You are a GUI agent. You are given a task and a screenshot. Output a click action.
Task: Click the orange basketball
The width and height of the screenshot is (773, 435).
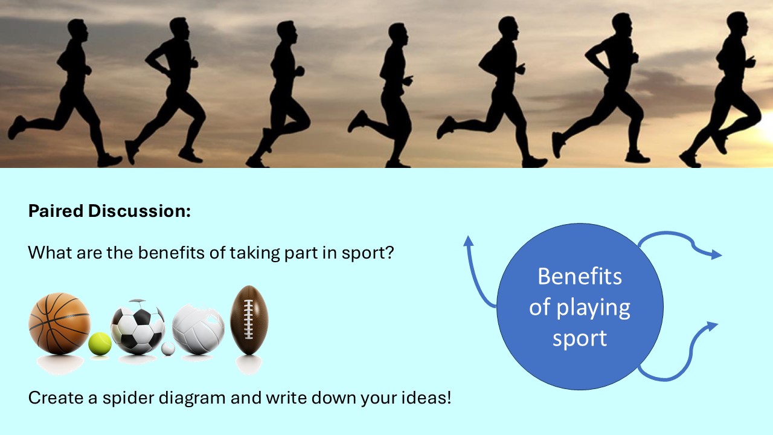[59, 323]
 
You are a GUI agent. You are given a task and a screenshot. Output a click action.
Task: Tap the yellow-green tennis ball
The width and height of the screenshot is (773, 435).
[100, 344]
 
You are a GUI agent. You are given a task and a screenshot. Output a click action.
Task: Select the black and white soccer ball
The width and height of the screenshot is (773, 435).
[138, 327]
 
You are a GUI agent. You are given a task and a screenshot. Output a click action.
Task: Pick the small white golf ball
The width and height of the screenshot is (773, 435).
[168, 349]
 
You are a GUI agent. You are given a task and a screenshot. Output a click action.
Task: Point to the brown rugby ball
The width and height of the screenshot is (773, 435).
[249, 320]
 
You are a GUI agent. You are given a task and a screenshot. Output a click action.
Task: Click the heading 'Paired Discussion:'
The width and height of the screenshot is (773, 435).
[109, 211]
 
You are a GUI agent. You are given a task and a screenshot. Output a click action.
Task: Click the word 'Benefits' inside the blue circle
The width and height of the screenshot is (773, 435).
[580, 277]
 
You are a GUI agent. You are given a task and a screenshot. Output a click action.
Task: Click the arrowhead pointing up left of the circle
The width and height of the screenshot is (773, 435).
[468, 240]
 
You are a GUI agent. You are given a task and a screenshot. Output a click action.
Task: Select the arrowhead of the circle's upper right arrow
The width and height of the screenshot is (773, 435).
[716, 255]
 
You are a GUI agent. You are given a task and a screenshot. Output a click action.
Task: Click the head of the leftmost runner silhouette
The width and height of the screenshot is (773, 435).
[77, 28]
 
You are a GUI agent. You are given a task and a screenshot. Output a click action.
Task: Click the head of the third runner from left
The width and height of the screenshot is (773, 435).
[285, 30]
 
